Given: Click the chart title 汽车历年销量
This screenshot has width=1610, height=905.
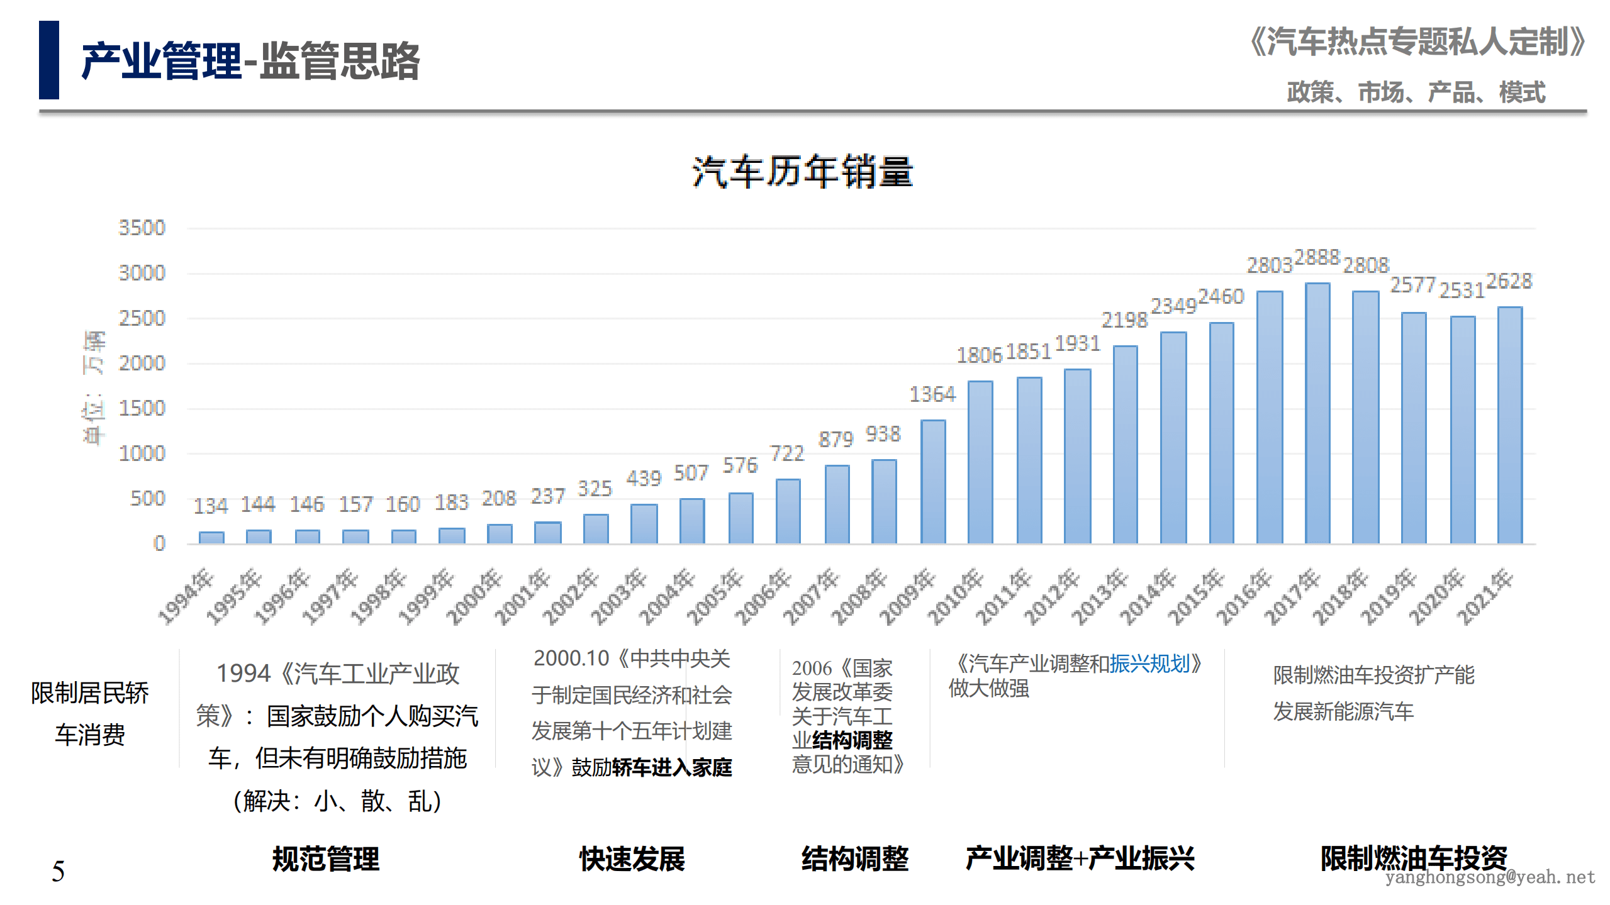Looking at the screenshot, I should coord(802,172).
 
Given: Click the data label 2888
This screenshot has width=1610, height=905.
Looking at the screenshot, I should coord(1317,257).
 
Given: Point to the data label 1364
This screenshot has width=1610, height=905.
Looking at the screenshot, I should coord(932,394).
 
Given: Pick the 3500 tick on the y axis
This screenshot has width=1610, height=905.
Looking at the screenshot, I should coord(142,228).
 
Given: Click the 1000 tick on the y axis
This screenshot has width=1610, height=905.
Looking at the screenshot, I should coord(142,453).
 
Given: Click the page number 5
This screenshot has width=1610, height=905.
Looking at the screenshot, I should coord(58,872).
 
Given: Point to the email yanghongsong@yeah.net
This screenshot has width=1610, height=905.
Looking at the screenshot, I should coord(1489,877).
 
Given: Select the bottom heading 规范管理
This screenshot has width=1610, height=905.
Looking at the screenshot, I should coord(325,859).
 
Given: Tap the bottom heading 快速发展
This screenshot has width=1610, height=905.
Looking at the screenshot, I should coord(632,859).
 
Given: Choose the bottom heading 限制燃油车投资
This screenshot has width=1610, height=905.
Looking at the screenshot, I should coord(1413,858).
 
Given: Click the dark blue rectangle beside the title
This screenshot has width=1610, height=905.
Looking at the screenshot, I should coord(49,60).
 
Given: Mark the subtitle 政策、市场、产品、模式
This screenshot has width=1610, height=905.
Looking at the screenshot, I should coord(1416,92).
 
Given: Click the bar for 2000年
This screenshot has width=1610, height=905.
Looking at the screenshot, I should coord(500,534).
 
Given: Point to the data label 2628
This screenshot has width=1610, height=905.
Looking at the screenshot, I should coord(1509,281).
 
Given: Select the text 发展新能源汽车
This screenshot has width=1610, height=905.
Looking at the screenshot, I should coord(1343,712).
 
